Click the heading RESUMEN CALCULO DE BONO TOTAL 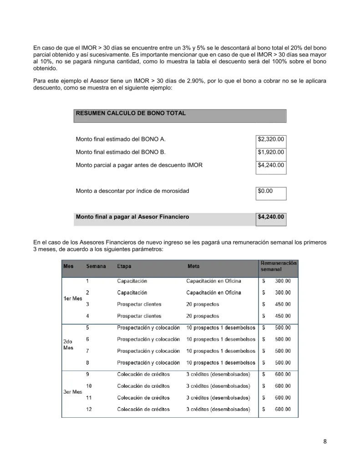tap(131, 113)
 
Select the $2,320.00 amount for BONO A tap(271, 139)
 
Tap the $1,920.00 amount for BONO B tap(271, 152)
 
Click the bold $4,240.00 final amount tap(271, 217)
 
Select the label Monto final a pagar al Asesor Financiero tap(132, 217)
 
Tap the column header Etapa tap(124, 267)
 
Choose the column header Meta tap(193, 267)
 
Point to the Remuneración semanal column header tap(278, 266)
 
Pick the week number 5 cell tap(87, 328)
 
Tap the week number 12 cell tap(89, 409)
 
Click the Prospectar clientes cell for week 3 tap(139, 304)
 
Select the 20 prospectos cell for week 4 tap(203, 316)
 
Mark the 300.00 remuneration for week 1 tap(282, 281)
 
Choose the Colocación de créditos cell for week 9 tap(143, 375)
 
